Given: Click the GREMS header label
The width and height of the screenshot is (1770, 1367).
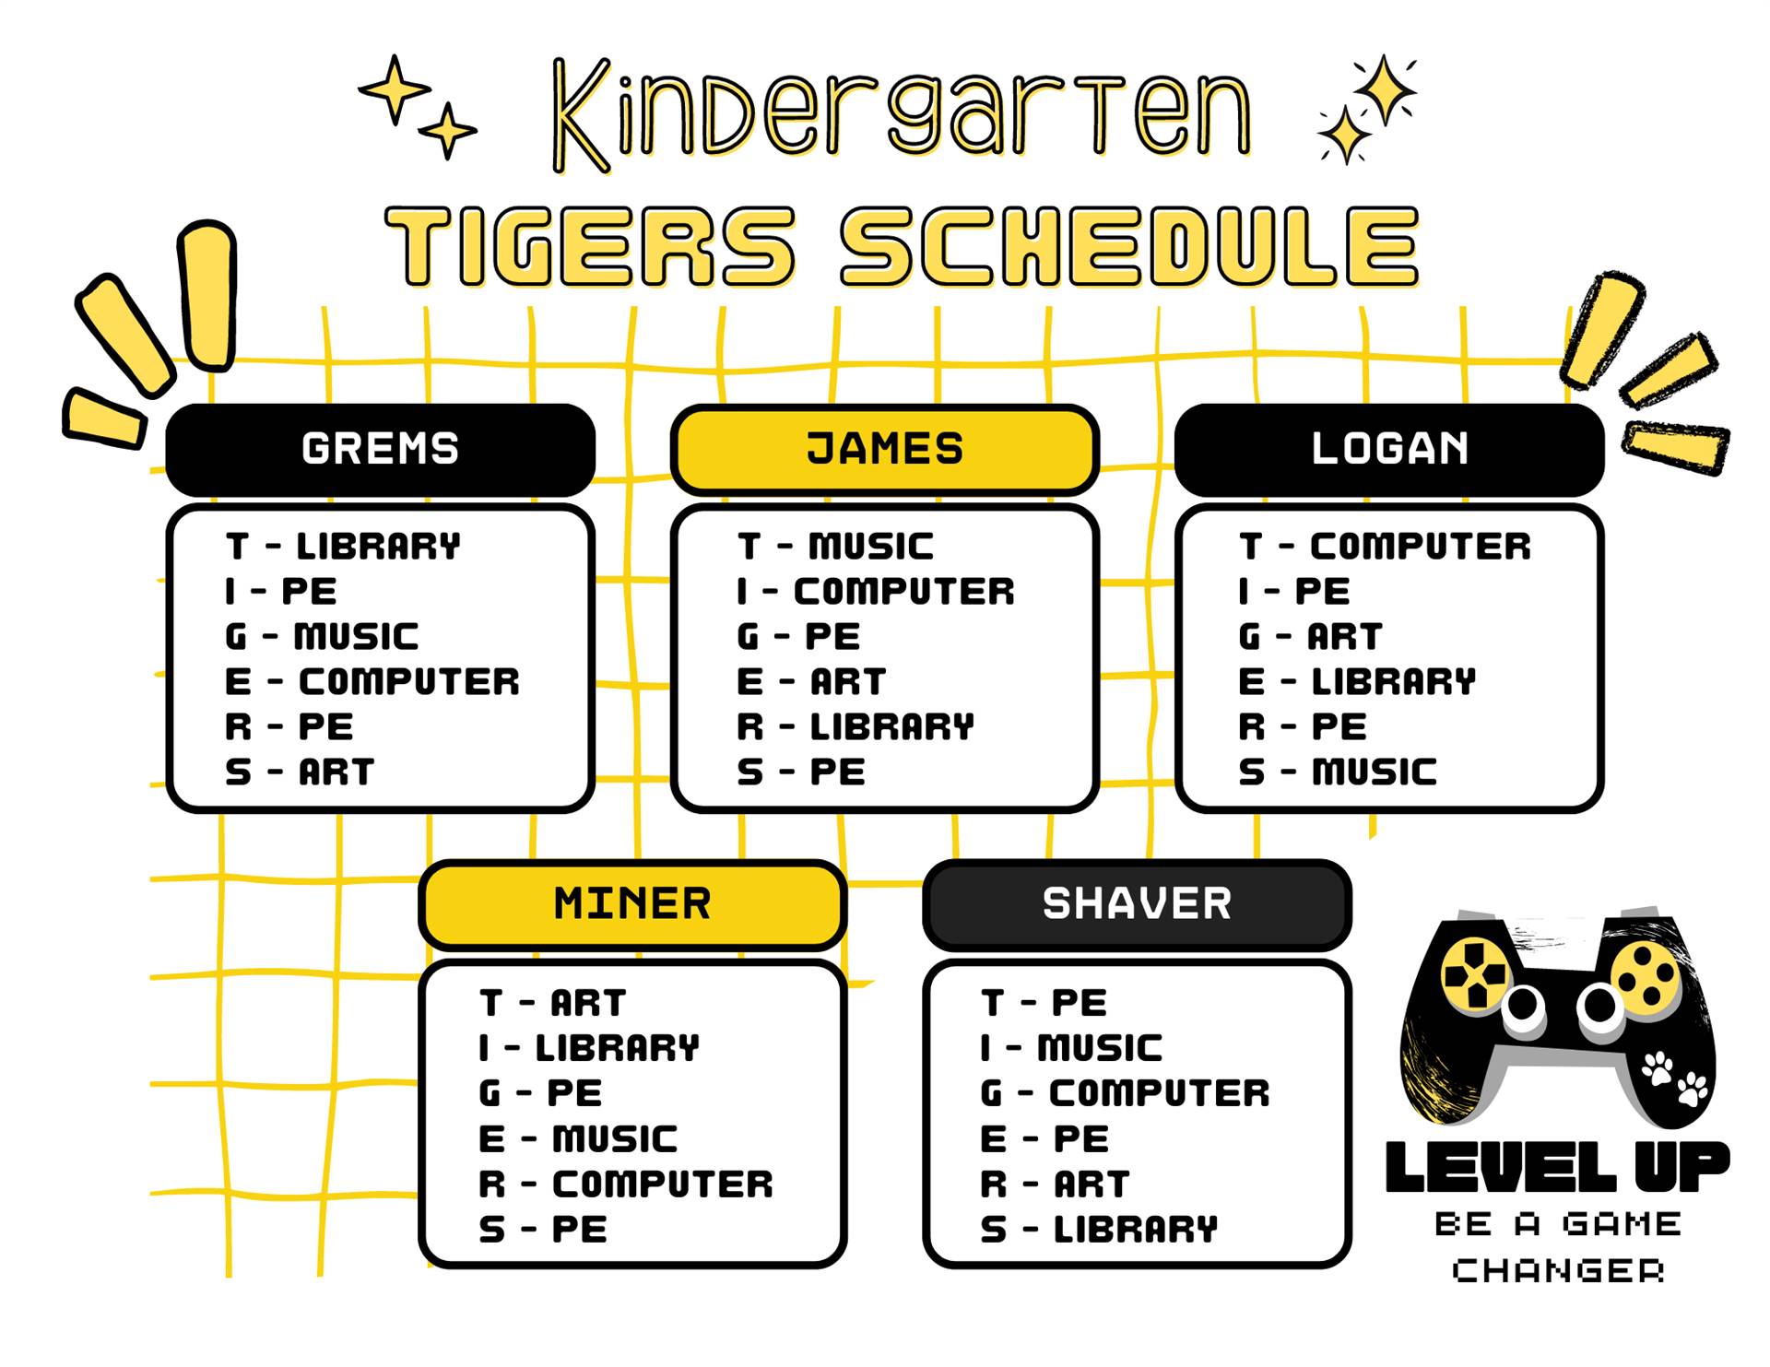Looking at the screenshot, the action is coord(380,449).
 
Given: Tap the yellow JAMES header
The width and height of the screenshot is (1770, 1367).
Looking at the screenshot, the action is coord(884,449).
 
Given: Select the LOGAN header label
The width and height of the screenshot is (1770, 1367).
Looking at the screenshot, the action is coord(1389,449).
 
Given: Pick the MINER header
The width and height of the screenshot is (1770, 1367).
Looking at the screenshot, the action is coord(632,904).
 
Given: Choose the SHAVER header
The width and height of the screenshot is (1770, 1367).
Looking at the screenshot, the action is coord(1137,904).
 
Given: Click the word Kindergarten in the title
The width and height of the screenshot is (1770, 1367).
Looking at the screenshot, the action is coord(902,114).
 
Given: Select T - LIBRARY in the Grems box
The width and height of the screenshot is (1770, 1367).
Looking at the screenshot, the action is coord(342,547).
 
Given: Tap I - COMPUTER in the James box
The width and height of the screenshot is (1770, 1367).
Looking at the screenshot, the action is coord(875,592).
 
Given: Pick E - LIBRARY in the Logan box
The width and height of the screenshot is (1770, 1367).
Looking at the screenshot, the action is coord(1357,682).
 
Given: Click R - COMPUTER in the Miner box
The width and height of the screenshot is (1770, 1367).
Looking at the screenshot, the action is coord(626,1184).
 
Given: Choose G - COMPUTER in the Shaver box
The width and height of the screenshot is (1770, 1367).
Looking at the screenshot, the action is coord(1125,1093).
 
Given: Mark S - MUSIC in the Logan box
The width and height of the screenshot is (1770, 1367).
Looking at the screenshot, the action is coord(1338,772).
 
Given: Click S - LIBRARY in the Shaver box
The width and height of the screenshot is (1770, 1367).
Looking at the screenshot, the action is coord(1099,1230).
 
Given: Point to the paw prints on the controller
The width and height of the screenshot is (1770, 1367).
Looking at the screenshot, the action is coord(1673,1078).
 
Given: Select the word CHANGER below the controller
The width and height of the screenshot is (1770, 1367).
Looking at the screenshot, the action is coord(1558,1271).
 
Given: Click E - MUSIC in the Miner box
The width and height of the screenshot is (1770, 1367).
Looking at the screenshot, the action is coord(578,1139).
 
